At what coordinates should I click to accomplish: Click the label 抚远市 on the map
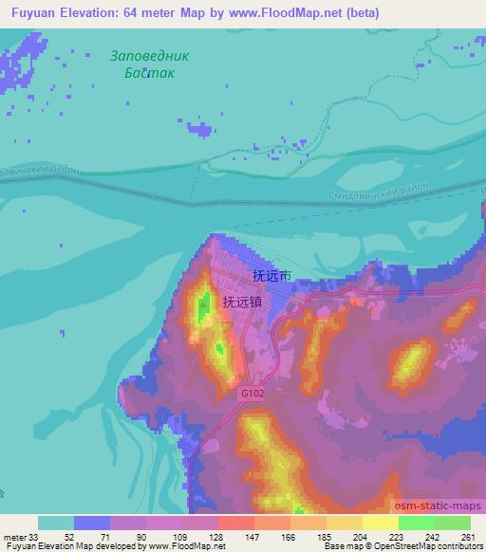[x=271, y=276]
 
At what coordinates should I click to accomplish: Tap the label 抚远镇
[x=242, y=302]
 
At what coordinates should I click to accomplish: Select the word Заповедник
[x=149, y=55]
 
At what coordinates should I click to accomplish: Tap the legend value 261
[x=467, y=537]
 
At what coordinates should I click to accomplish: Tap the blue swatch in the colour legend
[x=92, y=523]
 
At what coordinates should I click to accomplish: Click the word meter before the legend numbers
[x=13, y=537]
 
